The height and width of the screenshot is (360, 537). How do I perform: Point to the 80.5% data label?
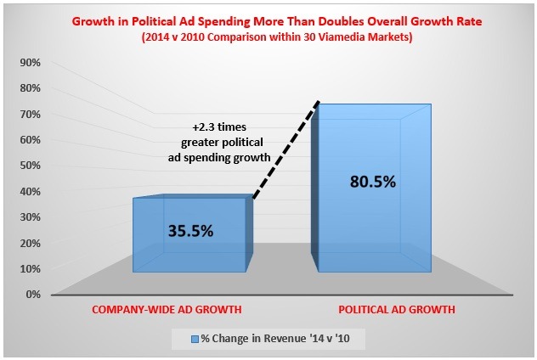tap(372, 182)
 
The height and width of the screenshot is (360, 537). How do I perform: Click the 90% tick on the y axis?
tap(31, 62)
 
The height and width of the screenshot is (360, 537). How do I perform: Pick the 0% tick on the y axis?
tap(33, 295)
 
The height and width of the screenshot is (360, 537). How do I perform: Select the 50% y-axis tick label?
tap(31, 166)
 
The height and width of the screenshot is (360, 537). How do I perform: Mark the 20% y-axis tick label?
tap(31, 243)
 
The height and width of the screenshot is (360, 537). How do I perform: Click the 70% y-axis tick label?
tap(31, 114)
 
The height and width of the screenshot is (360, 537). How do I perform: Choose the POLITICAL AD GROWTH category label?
tap(397, 311)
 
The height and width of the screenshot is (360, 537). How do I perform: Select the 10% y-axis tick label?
tap(31, 269)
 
